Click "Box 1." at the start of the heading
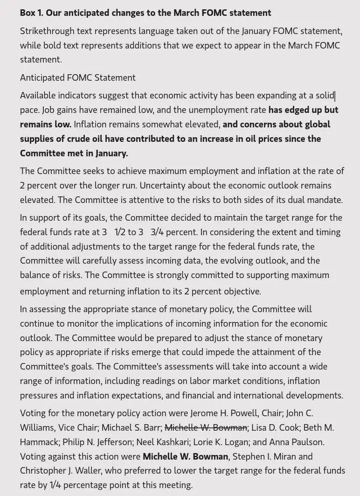click(32, 13)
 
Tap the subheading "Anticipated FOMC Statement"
click(77, 77)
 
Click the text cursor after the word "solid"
click(335, 96)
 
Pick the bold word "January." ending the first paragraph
click(112, 153)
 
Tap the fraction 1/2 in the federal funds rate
click(120, 232)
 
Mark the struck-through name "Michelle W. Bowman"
click(206, 428)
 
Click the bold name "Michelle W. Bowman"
click(186, 456)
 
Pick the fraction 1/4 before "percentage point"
click(55, 485)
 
